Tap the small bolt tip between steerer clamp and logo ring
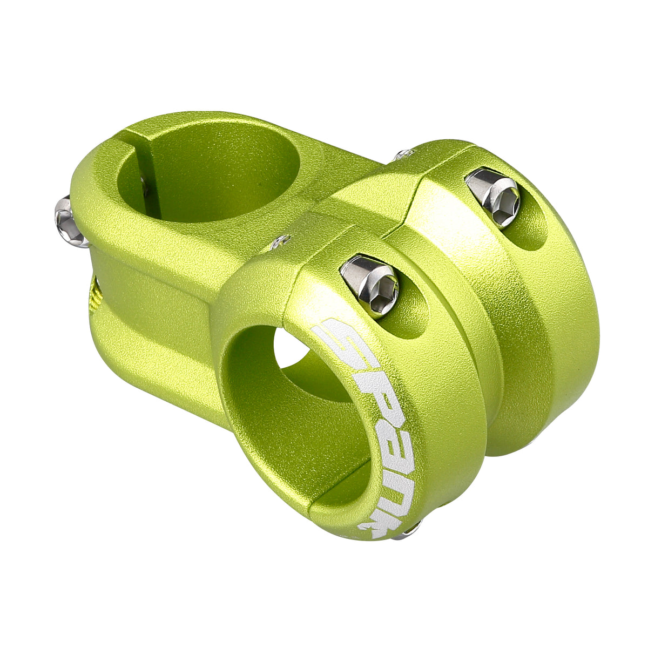click(281, 241)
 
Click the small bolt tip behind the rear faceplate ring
click(403, 155)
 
